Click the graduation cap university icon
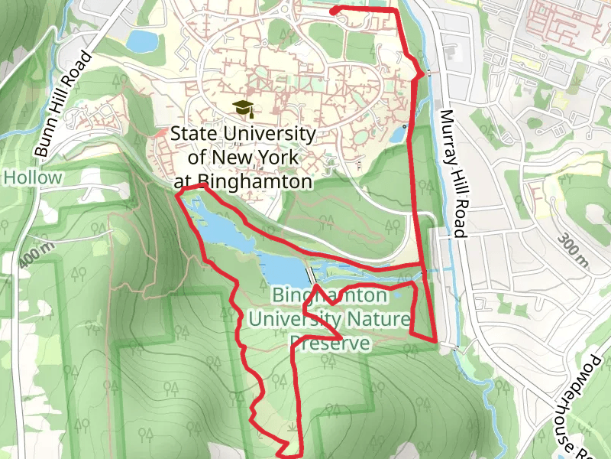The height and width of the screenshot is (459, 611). tap(242, 108)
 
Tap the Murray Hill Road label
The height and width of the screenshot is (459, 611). tap(452, 174)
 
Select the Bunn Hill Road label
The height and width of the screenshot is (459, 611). tap(63, 105)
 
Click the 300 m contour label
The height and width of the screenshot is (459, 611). tap(574, 248)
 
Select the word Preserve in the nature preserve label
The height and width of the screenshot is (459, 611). tap(331, 344)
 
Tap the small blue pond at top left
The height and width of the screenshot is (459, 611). tap(141, 41)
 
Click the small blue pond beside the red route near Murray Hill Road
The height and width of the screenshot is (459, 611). tap(398, 135)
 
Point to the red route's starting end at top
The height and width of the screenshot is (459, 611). tap(332, 10)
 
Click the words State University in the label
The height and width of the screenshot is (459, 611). tap(243, 133)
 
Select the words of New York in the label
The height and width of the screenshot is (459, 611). tap(242, 158)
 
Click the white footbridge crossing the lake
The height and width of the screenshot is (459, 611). tap(309, 275)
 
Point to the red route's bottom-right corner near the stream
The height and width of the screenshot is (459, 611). tap(436, 341)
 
